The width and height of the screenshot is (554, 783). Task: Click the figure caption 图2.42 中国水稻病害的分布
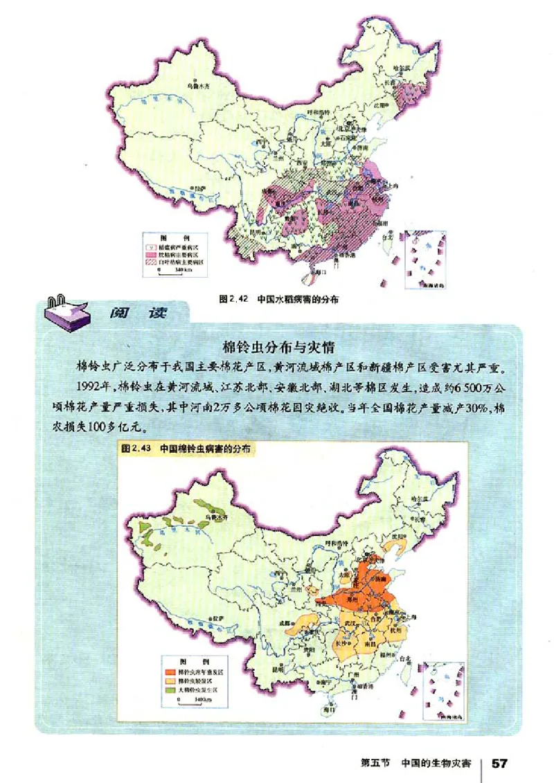(281, 300)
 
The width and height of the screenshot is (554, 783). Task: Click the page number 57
(500, 763)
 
